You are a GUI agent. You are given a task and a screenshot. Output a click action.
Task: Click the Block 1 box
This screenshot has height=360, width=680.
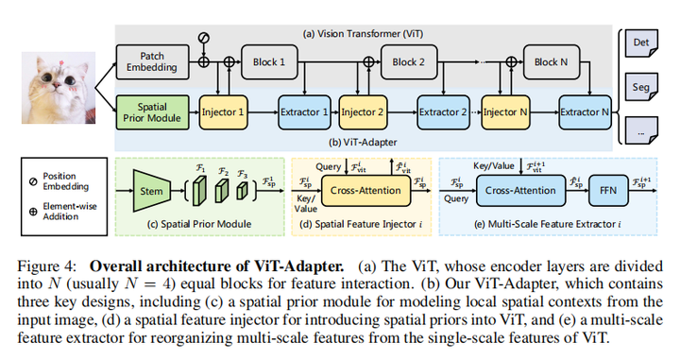268,61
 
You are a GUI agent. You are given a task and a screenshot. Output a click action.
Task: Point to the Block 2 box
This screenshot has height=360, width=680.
409,61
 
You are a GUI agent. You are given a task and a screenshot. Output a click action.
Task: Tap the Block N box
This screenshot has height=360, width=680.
551,61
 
